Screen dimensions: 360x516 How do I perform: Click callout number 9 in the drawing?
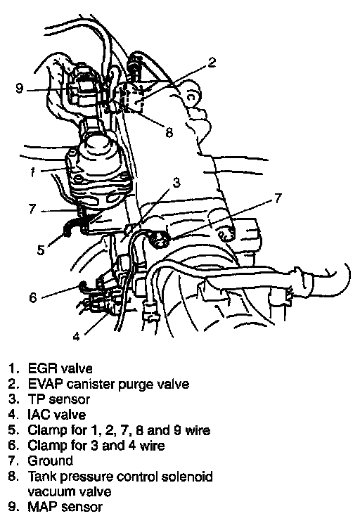click(20, 88)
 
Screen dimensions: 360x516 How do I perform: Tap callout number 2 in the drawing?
click(212, 62)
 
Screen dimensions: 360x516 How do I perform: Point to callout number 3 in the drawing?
click(176, 182)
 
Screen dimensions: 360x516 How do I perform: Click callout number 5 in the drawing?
click(41, 250)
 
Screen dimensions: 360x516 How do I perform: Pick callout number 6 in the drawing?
click(33, 297)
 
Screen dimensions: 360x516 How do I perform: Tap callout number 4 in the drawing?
click(77, 337)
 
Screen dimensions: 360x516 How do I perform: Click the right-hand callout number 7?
click(278, 198)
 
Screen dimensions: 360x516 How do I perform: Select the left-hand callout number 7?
click(32, 209)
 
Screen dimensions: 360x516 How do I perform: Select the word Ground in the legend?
click(51, 460)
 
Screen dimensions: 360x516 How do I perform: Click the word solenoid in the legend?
click(187, 476)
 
